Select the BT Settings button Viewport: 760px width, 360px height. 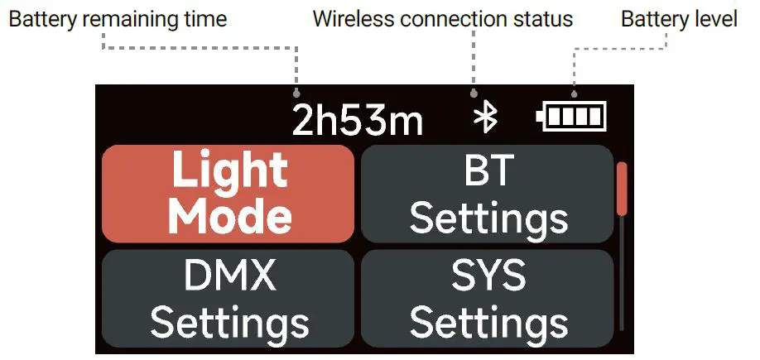[x=488, y=194]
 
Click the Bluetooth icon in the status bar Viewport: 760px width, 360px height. [x=485, y=118]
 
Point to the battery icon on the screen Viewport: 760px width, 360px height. [x=571, y=117]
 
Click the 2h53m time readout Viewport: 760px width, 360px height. [x=358, y=121]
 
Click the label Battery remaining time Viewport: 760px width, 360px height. [x=118, y=18]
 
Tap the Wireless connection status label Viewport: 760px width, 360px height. [x=442, y=18]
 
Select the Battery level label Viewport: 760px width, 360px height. [x=679, y=18]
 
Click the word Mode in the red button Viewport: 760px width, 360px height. [x=230, y=216]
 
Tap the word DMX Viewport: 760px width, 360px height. [x=230, y=276]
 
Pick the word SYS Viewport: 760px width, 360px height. [x=488, y=276]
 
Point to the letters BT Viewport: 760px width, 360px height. [x=487, y=171]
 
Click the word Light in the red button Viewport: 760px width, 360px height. [x=229, y=171]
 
